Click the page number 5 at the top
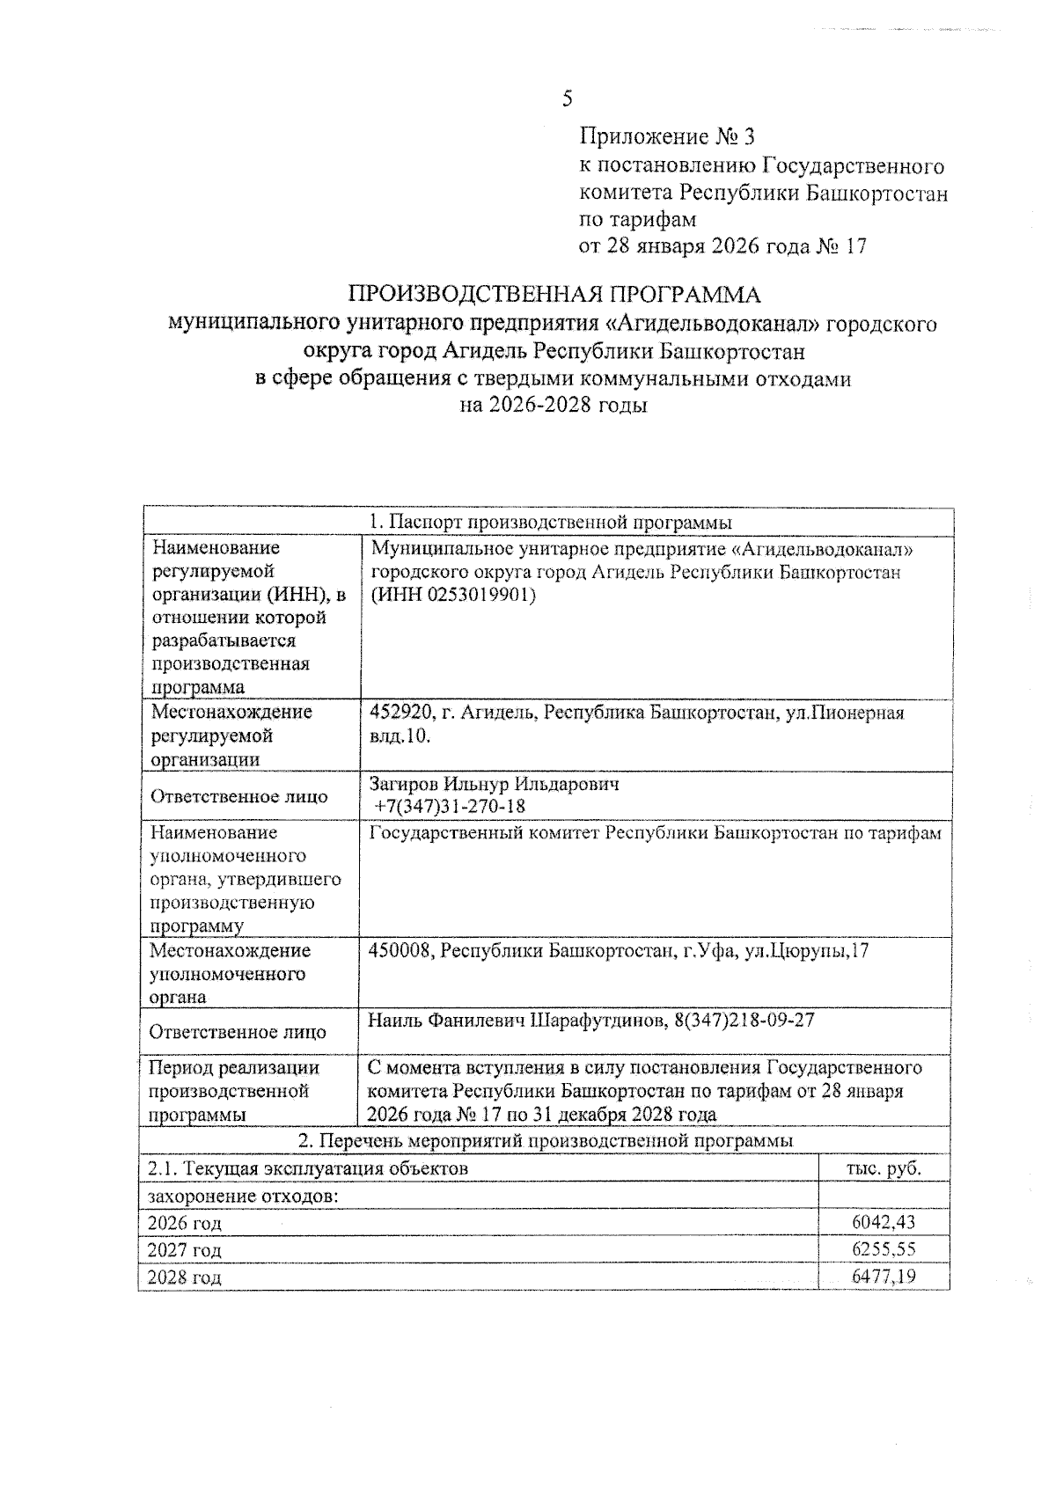[568, 99]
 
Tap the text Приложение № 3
[666, 137]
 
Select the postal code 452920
[396, 713]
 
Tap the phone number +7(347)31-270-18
[450, 807]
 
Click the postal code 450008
[398, 950]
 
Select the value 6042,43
[884, 1222]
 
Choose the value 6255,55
[884, 1249]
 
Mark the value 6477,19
[884, 1276]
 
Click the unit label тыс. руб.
[884, 1168]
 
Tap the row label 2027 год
[184, 1250]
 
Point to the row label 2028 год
[184, 1277]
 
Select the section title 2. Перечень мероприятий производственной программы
[546, 1140]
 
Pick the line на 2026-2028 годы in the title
[554, 406]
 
